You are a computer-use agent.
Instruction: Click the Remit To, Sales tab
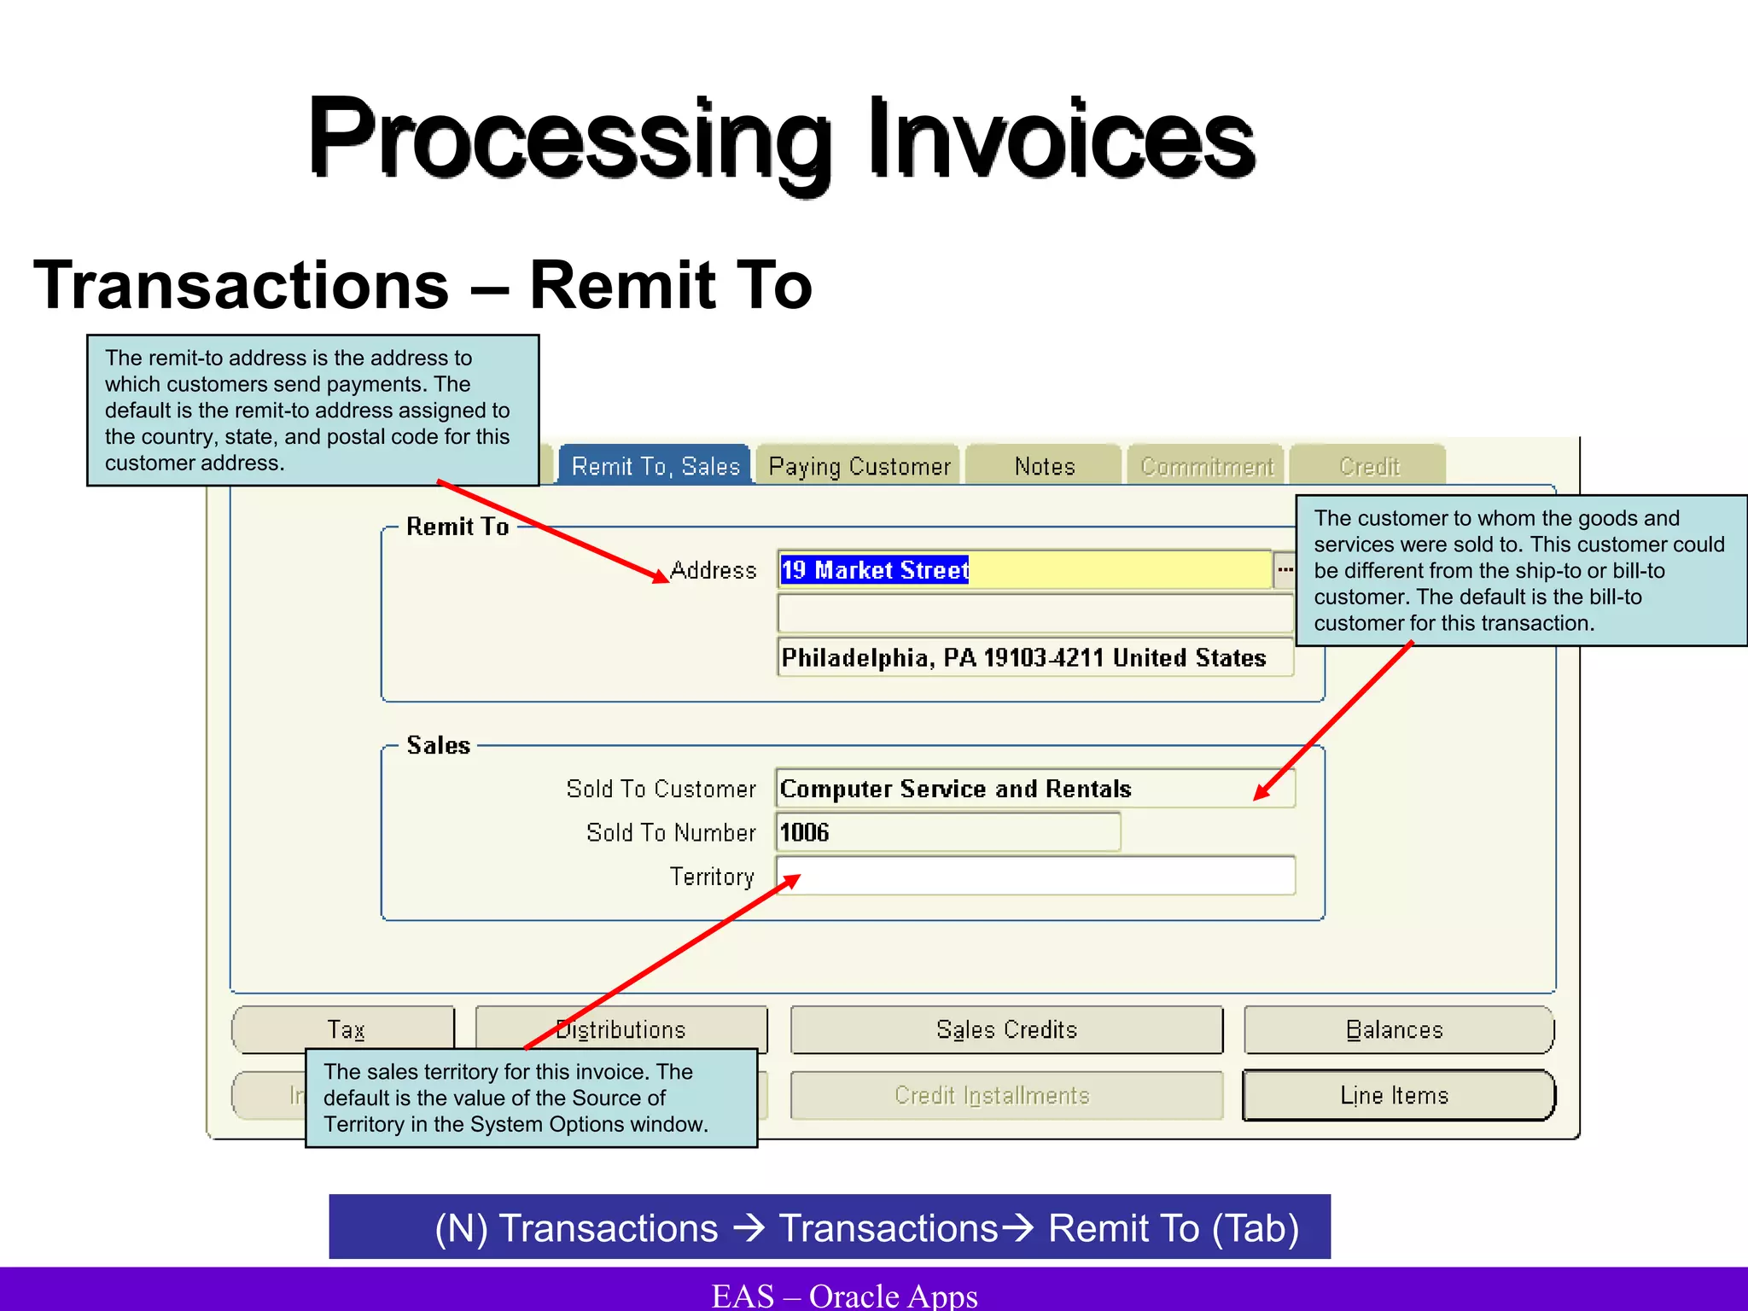tap(655, 466)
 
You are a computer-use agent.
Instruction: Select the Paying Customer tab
tap(859, 466)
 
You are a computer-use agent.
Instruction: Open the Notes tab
tap(1044, 466)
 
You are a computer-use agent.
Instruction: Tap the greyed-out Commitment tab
tap(1206, 466)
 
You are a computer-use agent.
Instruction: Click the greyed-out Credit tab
tap(1368, 466)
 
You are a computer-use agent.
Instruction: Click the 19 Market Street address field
tap(1024, 570)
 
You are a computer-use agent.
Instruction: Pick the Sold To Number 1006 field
tap(947, 832)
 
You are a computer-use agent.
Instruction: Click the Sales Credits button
tap(1006, 1030)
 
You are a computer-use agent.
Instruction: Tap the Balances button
tap(1397, 1030)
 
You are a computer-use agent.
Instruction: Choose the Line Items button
tap(1397, 1095)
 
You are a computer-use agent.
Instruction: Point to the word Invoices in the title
tap(1061, 138)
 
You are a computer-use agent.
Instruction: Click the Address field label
tap(714, 570)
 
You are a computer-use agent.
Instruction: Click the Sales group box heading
tap(438, 745)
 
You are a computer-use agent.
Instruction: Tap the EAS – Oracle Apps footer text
tap(845, 1295)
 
